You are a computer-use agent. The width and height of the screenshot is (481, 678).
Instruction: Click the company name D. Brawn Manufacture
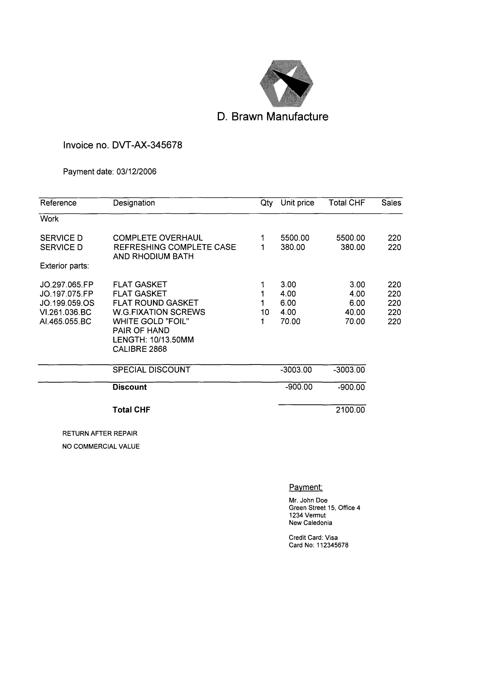272,116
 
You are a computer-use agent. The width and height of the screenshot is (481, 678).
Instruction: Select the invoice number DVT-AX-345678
147,145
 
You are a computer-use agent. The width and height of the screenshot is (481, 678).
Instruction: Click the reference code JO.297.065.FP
67,285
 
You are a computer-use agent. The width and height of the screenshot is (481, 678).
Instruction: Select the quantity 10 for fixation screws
265,312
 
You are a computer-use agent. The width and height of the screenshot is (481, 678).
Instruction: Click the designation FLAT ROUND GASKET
155,303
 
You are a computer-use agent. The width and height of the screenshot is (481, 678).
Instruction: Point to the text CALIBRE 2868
140,349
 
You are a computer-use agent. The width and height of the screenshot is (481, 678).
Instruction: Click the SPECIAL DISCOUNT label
151,370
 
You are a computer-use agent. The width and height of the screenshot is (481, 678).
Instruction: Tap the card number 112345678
332,545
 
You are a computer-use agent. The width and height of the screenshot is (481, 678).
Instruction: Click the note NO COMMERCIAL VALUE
101,447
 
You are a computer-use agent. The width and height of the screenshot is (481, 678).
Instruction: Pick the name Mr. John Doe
308,500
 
